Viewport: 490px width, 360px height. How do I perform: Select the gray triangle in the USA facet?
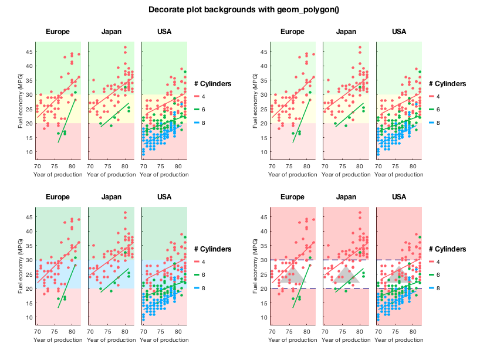tap(400, 274)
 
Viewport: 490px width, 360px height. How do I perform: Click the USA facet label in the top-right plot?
tap(399, 32)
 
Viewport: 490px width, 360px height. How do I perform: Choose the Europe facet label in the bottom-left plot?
tap(58, 197)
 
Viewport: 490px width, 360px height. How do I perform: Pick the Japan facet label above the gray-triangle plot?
tap(346, 197)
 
